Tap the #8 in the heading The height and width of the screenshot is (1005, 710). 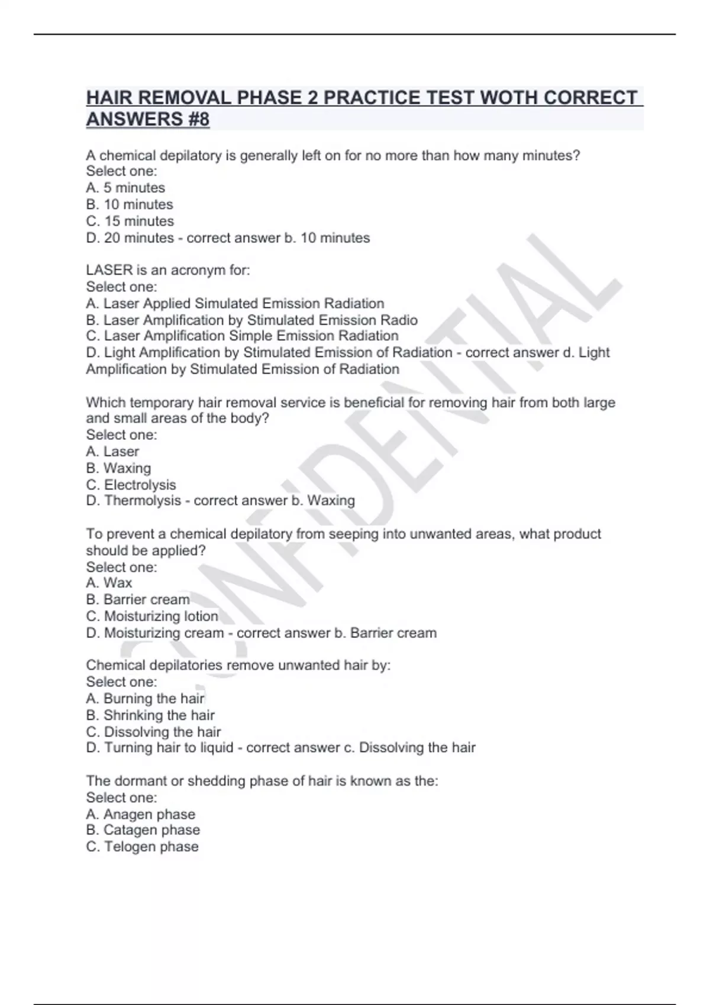pos(196,119)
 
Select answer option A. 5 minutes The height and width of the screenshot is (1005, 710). pos(125,188)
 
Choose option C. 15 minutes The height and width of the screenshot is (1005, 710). pos(130,221)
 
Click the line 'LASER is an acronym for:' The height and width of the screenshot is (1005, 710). pos(168,270)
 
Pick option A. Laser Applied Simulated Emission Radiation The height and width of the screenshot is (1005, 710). pos(235,303)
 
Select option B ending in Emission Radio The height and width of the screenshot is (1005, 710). pos(251,320)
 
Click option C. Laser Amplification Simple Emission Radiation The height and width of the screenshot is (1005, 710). pos(242,336)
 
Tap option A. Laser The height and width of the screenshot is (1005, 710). pos(112,452)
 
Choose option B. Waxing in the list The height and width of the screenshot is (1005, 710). pos(118,468)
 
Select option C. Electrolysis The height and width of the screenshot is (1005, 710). pos(131,485)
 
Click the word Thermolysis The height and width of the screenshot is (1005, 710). pos(143,501)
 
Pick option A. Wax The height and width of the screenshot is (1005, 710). pos(109,583)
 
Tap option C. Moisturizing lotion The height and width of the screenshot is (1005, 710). pos(152,616)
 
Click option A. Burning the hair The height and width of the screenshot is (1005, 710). pos(145,699)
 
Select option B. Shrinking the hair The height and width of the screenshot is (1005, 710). pos(150,715)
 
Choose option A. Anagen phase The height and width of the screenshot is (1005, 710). pos(140,814)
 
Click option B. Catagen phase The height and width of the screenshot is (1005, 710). pos(143,830)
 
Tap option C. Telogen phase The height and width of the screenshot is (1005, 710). pos(142,847)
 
